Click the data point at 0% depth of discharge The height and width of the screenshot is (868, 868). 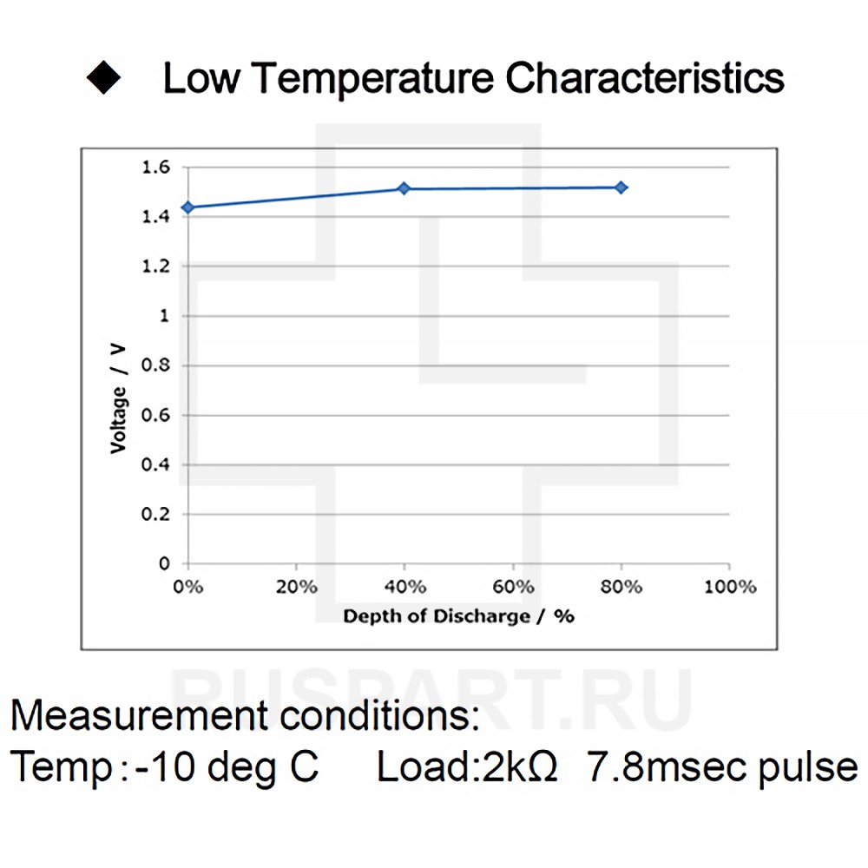[187, 207]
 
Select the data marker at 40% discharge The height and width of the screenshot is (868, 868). [404, 188]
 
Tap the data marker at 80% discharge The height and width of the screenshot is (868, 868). [621, 187]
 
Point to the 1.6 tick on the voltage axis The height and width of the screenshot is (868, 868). [155, 167]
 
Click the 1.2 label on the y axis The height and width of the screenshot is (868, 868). [155, 266]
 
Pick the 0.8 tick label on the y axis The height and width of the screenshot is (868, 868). [155, 365]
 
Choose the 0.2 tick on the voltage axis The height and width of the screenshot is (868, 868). [155, 515]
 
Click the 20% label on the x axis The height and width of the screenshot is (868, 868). [296, 587]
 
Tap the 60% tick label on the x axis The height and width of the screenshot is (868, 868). [513, 587]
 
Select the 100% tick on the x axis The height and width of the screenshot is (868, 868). [730, 587]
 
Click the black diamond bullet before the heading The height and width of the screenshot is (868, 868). [103, 78]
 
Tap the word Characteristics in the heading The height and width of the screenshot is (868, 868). [645, 78]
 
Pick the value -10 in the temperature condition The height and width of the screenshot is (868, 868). [163, 767]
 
